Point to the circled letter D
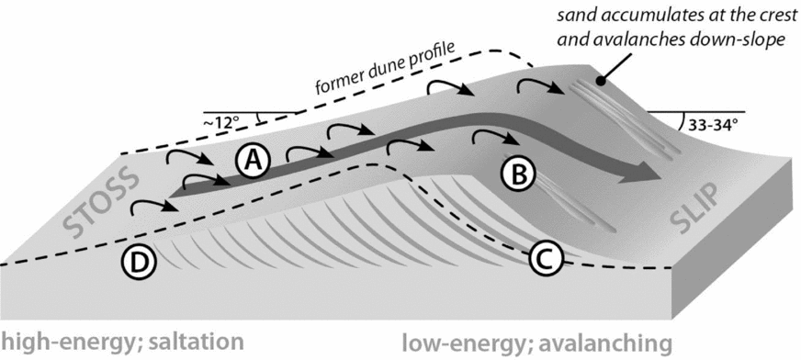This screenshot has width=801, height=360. point(138,263)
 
